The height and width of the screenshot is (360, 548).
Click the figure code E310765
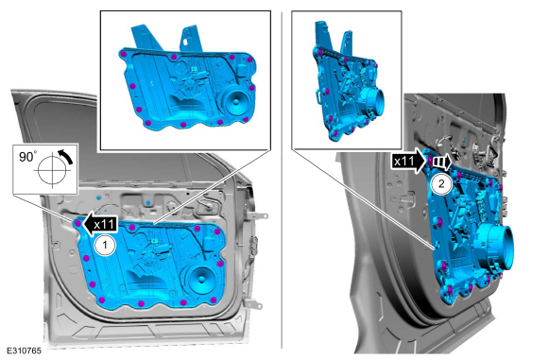pos(24,351)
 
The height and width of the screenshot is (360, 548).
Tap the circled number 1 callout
pos(105,246)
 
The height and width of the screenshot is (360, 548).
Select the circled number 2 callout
pos(441,183)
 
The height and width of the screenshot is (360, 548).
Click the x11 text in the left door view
pos(105,224)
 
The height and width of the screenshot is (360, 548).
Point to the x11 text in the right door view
pos(404,162)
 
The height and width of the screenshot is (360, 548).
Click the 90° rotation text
pos(28,157)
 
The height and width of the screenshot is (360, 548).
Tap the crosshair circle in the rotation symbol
pos(52,171)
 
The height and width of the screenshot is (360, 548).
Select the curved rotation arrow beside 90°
pos(66,156)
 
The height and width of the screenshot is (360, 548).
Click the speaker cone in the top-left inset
pos(235,101)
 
